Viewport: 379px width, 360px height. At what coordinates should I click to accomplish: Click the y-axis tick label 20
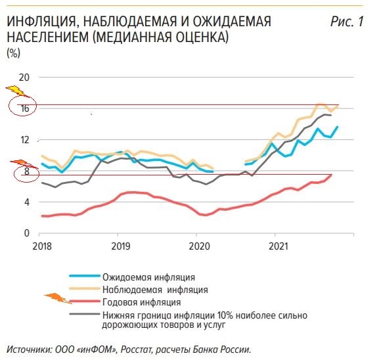(x=24, y=78)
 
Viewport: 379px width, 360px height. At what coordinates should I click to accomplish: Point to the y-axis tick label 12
(x=24, y=140)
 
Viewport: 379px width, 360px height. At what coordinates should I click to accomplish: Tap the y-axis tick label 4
(x=26, y=202)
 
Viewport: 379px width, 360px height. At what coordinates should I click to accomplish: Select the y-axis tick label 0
(x=26, y=233)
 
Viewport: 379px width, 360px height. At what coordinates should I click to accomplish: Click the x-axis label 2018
(x=42, y=246)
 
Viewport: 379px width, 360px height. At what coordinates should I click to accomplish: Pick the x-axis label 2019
(x=121, y=246)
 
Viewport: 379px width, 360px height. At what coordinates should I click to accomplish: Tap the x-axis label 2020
(x=200, y=246)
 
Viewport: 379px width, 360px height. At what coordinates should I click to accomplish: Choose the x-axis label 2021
(x=279, y=246)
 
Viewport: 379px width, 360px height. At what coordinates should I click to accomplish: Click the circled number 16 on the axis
(x=25, y=108)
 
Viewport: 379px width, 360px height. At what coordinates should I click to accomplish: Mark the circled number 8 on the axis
(x=26, y=171)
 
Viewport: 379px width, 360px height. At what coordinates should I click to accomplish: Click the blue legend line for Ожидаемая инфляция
(x=85, y=276)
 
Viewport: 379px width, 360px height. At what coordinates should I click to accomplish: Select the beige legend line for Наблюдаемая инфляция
(x=85, y=288)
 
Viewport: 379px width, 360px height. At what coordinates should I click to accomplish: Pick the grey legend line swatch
(x=85, y=314)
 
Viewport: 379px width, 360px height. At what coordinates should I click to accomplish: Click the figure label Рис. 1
(x=347, y=22)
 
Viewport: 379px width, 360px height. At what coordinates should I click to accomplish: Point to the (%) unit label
(x=14, y=53)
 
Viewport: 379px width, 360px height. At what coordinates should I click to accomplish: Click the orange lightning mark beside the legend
(x=58, y=298)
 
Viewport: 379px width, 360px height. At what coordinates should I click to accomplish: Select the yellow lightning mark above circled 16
(x=17, y=91)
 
